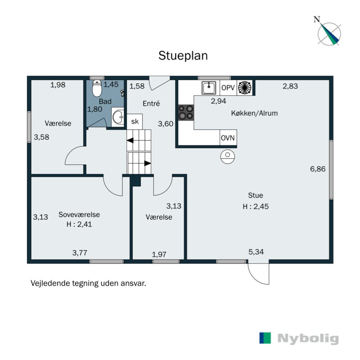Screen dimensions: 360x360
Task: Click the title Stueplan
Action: (183, 55)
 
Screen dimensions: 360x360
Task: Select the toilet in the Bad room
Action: (97, 89)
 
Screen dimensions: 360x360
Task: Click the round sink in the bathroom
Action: (118, 118)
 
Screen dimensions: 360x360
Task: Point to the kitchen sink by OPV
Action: (208, 87)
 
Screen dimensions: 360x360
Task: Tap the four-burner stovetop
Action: (186, 112)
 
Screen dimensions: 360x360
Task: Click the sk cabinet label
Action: (135, 121)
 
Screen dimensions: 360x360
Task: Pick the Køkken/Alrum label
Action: (254, 113)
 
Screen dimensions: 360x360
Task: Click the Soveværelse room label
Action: (79, 215)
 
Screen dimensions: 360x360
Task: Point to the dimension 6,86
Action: (318, 169)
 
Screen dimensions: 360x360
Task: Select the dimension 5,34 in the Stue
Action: (256, 252)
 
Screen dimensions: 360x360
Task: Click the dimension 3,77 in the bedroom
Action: (80, 253)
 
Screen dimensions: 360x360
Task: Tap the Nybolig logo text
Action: (308, 338)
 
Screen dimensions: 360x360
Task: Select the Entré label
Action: (151, 103)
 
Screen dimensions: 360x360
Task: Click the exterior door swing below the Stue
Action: (259, 273)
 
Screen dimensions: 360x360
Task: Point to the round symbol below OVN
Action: (228, 157)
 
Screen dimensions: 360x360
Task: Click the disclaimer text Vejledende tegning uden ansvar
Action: (89, 283)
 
